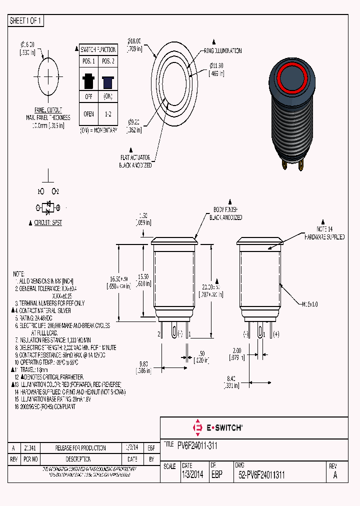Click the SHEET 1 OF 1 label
point(26,21)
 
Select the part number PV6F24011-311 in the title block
point(197,445)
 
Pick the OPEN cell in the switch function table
point(88,114)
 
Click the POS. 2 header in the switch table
point(107,61)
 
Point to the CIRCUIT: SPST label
point(48,223)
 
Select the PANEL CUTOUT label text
point(48,110)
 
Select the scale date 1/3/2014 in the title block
point(192,475)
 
